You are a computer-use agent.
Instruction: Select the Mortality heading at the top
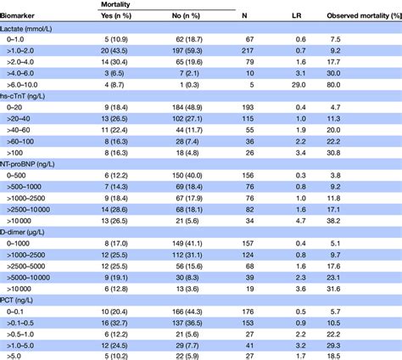[118, 4]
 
